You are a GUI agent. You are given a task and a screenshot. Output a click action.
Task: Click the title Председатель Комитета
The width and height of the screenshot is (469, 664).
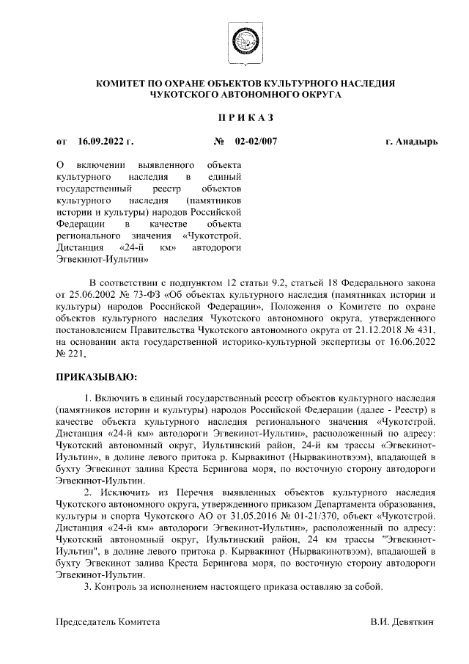pyautogui.click(x=108, y=621)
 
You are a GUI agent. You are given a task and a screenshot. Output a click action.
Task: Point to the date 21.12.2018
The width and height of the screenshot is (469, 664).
pyautogui.click(x=374, y=329)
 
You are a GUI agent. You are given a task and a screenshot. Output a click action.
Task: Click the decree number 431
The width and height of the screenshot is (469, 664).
pyautogui.click(x=427, y=329)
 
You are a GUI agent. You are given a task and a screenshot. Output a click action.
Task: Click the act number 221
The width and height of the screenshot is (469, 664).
pyautogui.click(x=77, y=353)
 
